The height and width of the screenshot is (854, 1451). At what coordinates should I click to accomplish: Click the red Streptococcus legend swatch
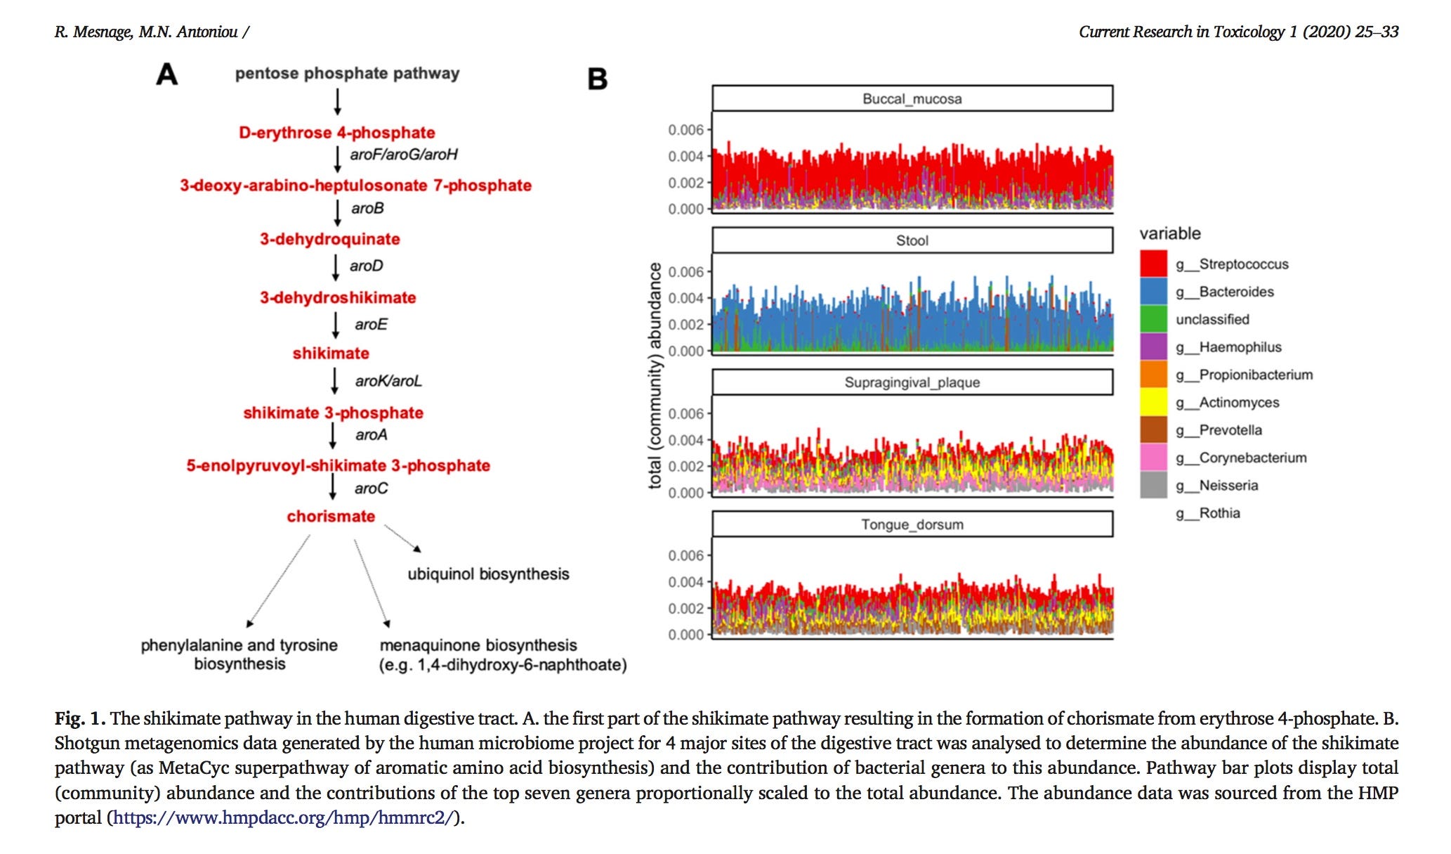click(x=1153, y=264)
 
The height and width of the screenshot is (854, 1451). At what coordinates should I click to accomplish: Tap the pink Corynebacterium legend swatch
click(x=1153, y=458)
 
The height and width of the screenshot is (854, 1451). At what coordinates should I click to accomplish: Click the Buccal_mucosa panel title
click(x=912, y=99)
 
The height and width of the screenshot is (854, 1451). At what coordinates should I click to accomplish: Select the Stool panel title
click(x=912, y=240)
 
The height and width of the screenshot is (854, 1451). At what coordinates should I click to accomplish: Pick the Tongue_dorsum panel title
click(x=912, y=524)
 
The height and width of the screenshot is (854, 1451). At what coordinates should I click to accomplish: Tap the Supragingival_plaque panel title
click(x=912, y=382)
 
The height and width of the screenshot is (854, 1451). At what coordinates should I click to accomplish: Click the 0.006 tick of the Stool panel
click(x=685, y=272)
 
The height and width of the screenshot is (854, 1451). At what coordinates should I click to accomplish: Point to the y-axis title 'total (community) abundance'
click(x=655, y=375)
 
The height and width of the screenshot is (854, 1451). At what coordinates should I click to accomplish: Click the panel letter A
click(x=166, y=74)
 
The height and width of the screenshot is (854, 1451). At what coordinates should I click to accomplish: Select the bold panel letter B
click(x=597, y=79)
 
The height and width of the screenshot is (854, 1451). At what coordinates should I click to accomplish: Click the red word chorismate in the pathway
click(x=331, y=517)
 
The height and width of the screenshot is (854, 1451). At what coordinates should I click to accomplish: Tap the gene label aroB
click(x=367, y=209)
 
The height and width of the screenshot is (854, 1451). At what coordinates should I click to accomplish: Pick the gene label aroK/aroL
click(x=388, y=381)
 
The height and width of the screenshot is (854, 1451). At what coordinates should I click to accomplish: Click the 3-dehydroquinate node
click(x=329, y=239)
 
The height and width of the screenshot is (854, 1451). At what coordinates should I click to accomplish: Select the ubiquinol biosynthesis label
click(x=488, y=574)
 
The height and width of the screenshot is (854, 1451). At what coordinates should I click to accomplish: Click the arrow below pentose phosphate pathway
click(x=338, y=102)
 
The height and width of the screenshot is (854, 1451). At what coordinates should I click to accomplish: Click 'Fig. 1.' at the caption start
click(x=80, y=718)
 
